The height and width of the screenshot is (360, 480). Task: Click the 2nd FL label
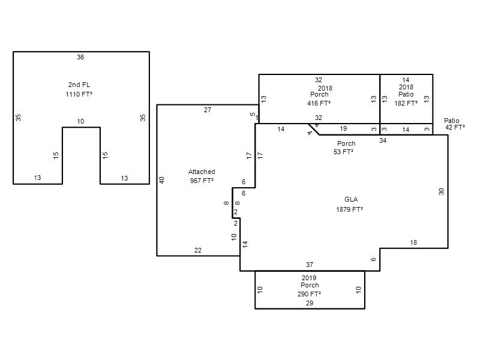coord(79,85)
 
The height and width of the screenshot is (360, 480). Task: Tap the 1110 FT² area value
coord(79,94)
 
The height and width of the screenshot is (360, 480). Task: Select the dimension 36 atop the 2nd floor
coord(80,57)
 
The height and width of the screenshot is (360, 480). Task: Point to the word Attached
coord(202,172)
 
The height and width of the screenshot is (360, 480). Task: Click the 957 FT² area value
coord(202,181)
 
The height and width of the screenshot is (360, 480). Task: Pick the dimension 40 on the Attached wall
coord(162,180)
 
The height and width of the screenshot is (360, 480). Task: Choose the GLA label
coord(351,199)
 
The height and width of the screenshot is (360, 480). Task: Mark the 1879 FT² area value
coord(350,209)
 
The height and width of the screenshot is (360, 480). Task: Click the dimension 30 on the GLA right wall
coord(441,191)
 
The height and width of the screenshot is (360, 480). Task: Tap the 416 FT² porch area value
coord(319,103)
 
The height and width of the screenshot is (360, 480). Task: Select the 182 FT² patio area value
coord(406,103)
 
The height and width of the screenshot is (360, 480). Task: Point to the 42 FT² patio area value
coord(455,127)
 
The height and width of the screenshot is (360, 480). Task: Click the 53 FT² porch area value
coord(343,152)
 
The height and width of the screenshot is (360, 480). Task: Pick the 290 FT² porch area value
coord(309,294)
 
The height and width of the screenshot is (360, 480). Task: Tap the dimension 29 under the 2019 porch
coord(310,303)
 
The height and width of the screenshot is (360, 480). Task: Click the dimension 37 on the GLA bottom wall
coord(310,265)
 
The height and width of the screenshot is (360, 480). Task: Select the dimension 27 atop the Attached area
coord(208,110)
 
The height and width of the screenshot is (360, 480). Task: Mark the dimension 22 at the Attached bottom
coord(198,250)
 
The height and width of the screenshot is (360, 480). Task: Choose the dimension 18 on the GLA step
coord(413,243)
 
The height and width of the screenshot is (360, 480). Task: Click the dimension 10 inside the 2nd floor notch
coord(80,122)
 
